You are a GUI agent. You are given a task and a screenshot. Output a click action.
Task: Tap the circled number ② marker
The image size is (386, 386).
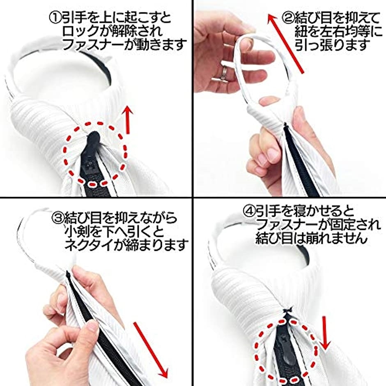tap(288, 18)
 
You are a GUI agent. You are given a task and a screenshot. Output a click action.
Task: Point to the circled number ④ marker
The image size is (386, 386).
tap(249, 211)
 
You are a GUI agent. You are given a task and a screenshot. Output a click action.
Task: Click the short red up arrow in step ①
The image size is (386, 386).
tap(128, 120)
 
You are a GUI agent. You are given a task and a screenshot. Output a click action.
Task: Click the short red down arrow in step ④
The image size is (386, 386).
tap(325, 333)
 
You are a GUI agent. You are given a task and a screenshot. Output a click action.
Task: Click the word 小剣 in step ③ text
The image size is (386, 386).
tap(76, 232)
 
